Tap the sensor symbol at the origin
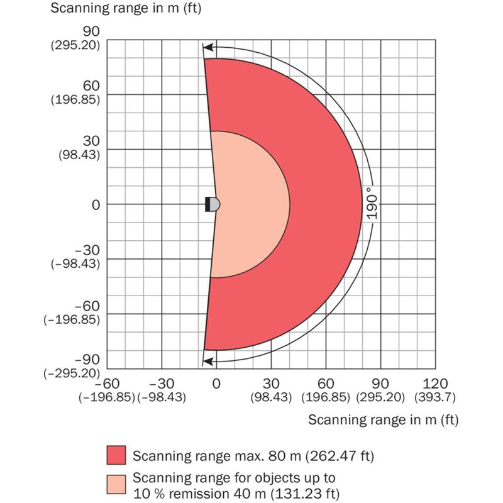coord(213,204)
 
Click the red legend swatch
coord(118,455)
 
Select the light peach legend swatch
coord(118,484)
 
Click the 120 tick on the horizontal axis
coord(435,384)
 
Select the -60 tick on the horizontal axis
coord(108,384)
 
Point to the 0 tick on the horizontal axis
coord(216,384)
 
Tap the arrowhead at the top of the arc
coord(207,47)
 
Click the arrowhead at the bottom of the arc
coord(207,361)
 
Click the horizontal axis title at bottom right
coord(383,419)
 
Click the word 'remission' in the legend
coord(183,493)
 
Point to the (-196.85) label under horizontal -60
coord(108,397)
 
